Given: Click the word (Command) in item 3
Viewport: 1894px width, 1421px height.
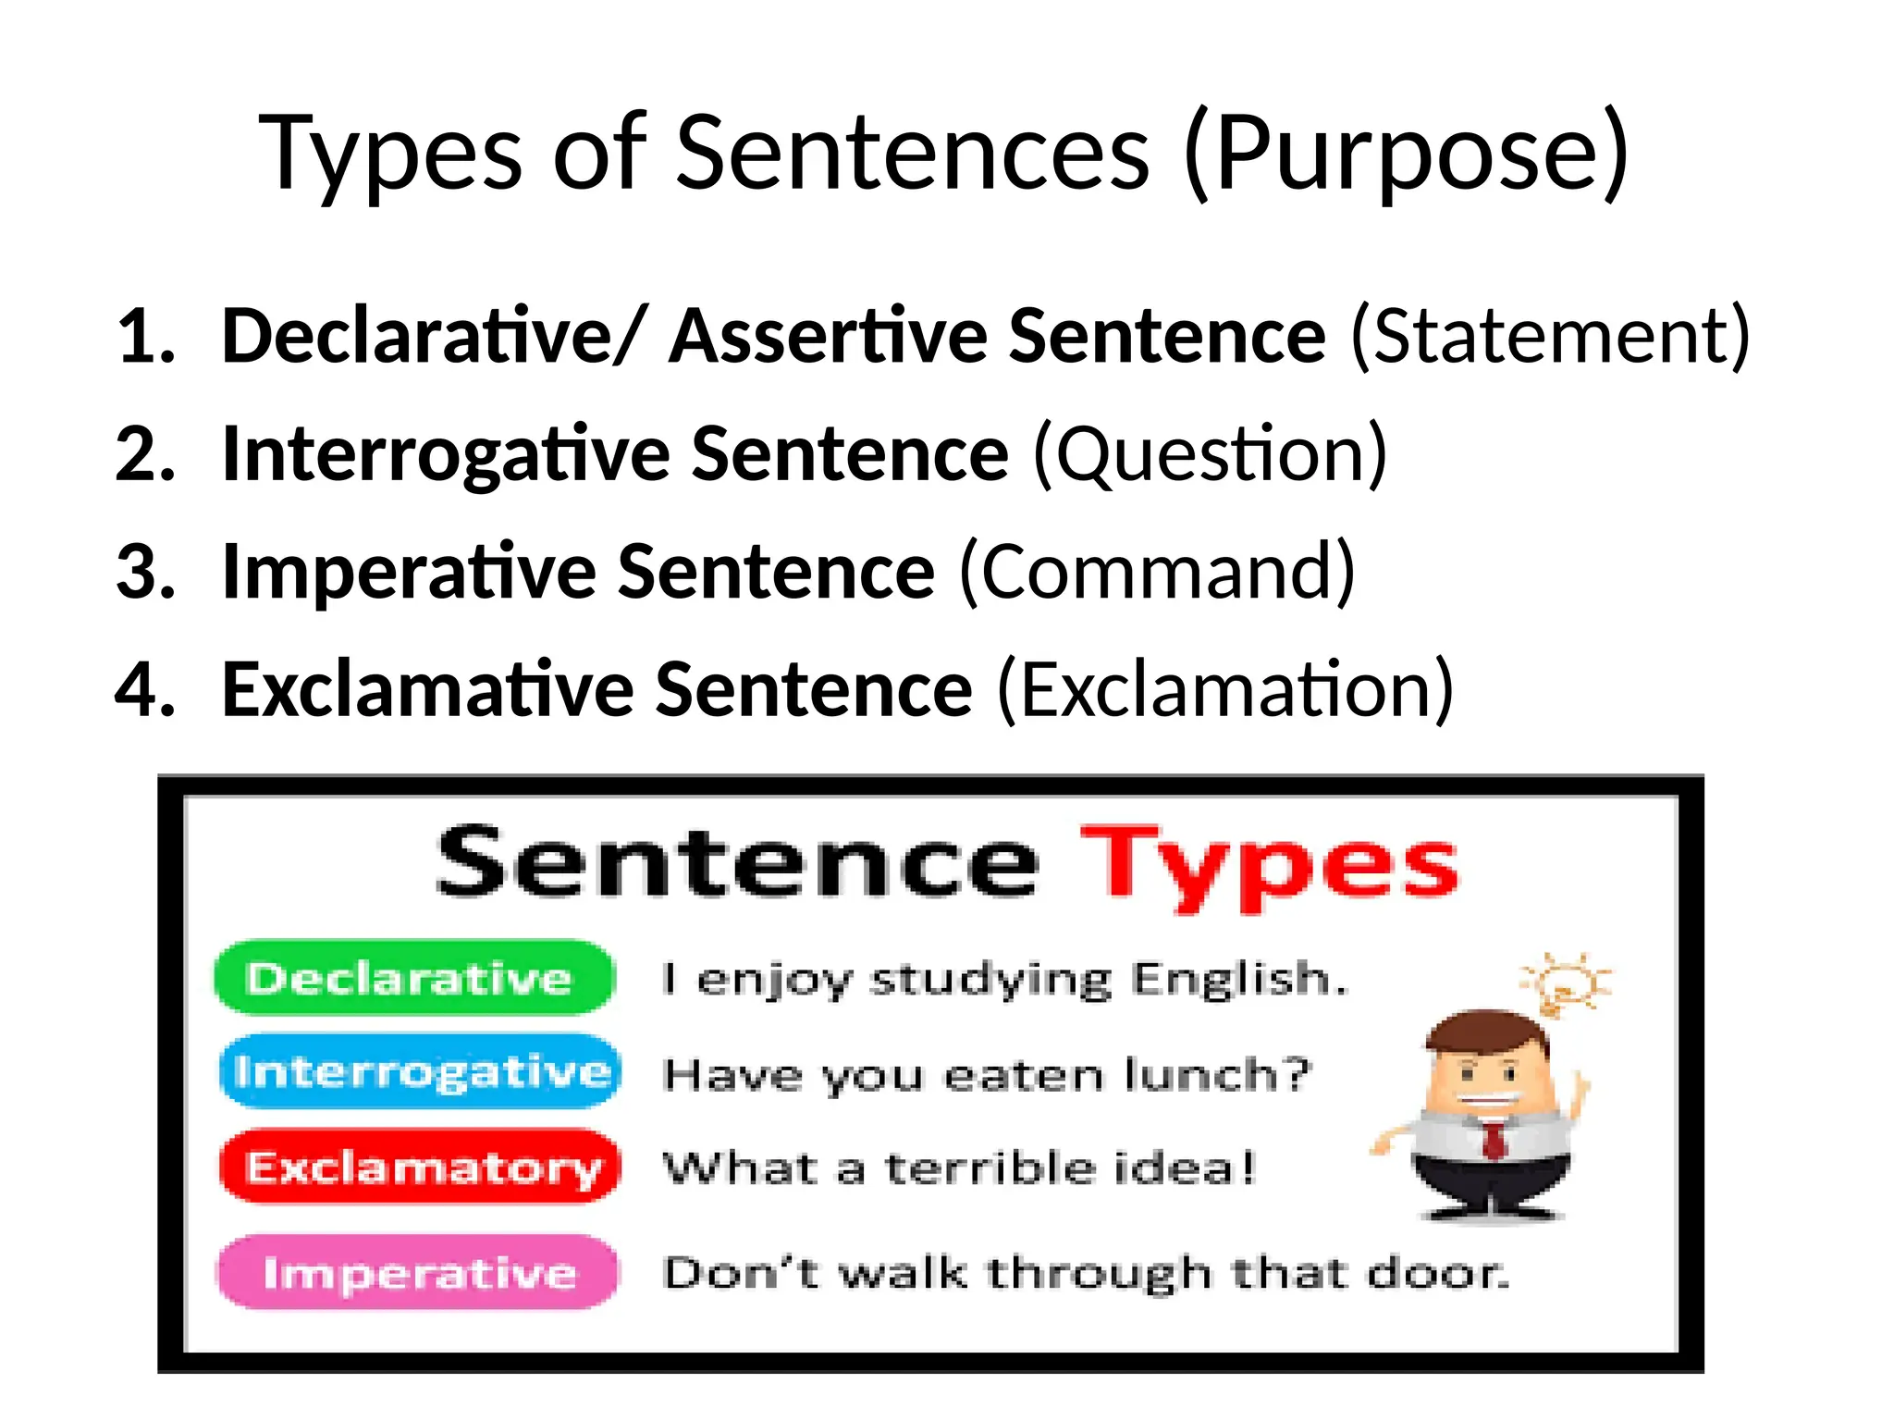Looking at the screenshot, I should pyautogui.click(x=1157, y=572).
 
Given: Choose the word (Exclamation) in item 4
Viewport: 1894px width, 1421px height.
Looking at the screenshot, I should pyautogui.click(x=1224, y=689).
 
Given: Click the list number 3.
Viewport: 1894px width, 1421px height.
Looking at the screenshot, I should pyautogui.click(x=145, y=572).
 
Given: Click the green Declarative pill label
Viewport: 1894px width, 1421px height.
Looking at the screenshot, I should pyautogui.click(x=412, y=978).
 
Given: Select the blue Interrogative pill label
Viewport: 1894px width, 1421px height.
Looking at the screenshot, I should pyautogui.click(x=421, y=1072).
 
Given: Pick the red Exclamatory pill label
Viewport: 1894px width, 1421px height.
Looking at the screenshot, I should pyautogui.click(x=421, y=1168).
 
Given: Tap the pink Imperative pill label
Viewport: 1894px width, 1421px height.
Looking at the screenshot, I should pyautogui.click(x=418, y=1273).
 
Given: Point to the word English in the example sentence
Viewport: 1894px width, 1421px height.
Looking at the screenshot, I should pyautogui.click(x=1239, y=979).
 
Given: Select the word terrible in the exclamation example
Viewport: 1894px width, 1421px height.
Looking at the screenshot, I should pyautogui.click(x=990, y=1168).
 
